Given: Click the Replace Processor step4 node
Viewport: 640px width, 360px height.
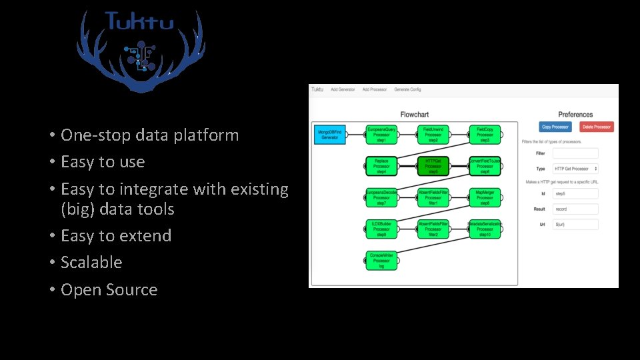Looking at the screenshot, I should [x=381, y=166].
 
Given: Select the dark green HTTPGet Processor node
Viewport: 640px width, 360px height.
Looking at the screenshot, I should [x=433, y=166].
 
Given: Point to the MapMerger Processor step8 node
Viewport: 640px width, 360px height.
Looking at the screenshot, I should [x=485, y=197].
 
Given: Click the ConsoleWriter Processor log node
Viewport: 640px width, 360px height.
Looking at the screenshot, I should [x=381, y=260].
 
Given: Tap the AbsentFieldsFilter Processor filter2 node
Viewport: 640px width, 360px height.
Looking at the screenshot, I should [x=433, y=229].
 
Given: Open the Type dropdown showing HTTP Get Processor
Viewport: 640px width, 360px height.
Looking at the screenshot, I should [x=575, y=169].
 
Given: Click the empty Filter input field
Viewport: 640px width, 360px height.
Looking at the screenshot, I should [x=575, y=153].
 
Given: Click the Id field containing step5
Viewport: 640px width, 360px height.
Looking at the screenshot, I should [x=575, y=193].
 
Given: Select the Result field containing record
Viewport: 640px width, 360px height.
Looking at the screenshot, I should [x=575, y=209].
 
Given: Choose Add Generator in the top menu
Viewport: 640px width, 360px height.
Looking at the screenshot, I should [x=343, y=89].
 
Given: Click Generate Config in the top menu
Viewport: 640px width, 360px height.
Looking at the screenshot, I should [x=407, y=89].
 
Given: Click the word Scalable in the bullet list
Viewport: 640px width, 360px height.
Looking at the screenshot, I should [x=91, y=263].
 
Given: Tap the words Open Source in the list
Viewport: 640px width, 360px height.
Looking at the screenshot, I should [x=109, y=290].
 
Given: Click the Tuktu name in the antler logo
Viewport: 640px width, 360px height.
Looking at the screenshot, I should [x=139, y=22].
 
